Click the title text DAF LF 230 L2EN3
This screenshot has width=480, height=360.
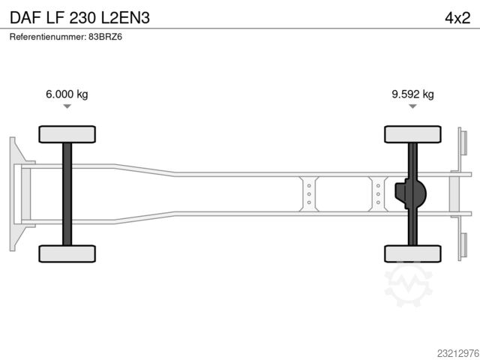pos(80,18)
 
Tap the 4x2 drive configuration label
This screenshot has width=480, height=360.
pos(457,18)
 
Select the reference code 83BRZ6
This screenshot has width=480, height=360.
pos(105,37)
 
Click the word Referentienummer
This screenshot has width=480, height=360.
pos(47,37)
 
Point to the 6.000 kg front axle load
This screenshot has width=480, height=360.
pos(67,94)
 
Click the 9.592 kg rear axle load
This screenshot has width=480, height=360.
pos(412,94)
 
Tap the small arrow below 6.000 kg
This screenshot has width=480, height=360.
pos(67,106)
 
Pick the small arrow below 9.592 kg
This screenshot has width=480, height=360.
pos(412,106)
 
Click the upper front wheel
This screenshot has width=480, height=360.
pos(67,134)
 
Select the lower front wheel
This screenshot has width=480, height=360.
pos(67,253)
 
